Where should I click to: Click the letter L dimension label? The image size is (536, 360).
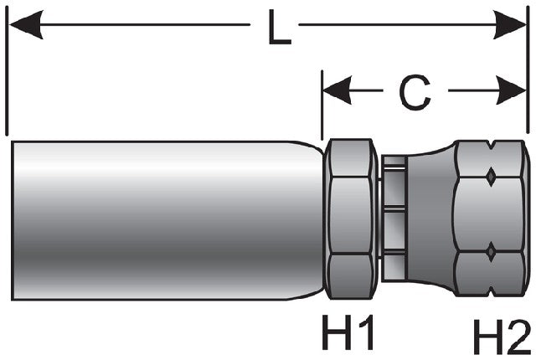point(279,28)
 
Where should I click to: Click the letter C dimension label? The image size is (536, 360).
point(415,92)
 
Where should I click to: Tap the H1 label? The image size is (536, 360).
point(348,332)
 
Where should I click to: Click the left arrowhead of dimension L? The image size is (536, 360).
point(26,24)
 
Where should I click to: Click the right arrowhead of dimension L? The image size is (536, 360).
point(509,24)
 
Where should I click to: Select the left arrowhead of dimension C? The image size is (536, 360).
point(338,90)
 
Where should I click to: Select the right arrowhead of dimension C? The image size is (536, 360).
point(512,90)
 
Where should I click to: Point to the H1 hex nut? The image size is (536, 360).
point(350,219)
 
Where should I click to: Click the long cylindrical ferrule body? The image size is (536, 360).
point(167,220)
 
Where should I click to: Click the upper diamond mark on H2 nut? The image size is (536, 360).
point(491,177)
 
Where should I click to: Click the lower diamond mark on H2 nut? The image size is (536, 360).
point(491,252)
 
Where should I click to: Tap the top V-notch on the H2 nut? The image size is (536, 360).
point(491,146)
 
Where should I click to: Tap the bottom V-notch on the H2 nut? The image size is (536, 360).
point(491,291)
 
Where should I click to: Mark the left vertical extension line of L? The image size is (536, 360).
point(7,70)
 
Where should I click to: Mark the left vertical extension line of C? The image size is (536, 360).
point(322,105)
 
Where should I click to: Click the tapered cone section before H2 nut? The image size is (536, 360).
point(431,219)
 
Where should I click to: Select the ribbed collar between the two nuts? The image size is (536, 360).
point(394,219)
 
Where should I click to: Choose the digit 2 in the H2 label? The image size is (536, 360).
point(518,337)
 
